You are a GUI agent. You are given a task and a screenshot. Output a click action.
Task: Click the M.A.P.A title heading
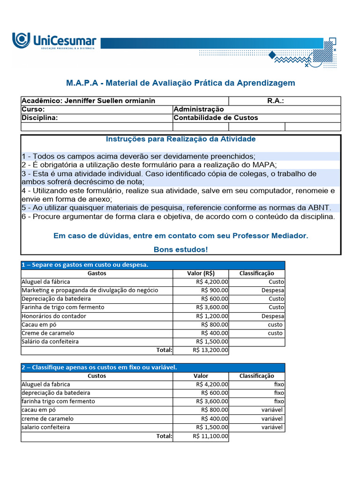(x=180, y=83)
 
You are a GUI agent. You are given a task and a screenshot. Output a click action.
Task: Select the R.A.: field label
(x=275, y=101)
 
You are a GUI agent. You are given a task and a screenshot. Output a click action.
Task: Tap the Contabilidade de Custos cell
(x=216, y=118)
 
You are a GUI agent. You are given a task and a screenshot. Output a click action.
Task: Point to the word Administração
(x=199, y=109)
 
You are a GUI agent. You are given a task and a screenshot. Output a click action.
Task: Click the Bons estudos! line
(x=180, y=249)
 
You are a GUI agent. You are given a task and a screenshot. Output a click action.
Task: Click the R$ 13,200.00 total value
(x=210, y=350)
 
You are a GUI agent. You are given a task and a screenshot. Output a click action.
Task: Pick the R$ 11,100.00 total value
(x=210, y=436)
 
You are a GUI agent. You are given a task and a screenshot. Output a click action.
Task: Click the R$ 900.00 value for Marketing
(x=215, y=290)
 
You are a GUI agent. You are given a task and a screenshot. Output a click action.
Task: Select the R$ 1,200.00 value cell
(x=212, y=316)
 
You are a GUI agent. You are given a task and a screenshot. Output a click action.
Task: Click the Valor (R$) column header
(x=201, y=273)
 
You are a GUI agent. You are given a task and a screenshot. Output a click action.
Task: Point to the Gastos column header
(x=97, y=273)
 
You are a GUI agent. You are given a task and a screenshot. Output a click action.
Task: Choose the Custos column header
(x=97, y=376)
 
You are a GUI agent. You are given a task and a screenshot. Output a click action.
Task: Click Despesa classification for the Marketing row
(x=273, y=290)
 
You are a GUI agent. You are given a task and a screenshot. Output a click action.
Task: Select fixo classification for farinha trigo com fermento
(x=279, y=401)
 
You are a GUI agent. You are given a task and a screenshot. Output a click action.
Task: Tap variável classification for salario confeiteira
(x=272, y=427)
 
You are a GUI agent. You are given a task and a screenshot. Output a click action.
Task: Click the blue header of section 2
(x=153, y=367)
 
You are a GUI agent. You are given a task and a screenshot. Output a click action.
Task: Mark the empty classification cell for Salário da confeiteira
(x=257, y=342)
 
